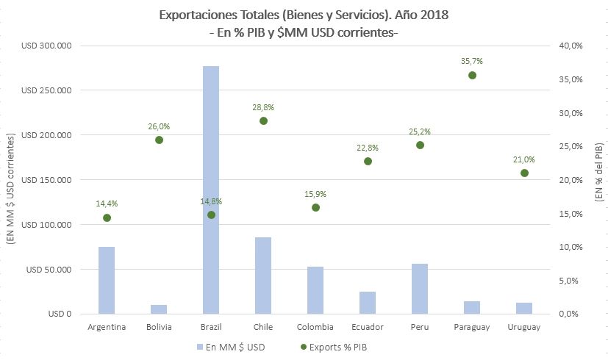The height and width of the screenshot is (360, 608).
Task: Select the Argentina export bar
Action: click(x=107, y=280)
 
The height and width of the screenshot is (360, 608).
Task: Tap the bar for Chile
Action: click(x=263, y=276)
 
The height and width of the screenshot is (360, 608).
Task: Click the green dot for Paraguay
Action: click(x=472, y=75)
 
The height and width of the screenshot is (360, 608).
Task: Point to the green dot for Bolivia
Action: click(x=159, y=140)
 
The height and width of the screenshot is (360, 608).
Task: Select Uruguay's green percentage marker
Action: click(x=524, y=173)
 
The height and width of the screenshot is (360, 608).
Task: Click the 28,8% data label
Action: click(x=263, y=107)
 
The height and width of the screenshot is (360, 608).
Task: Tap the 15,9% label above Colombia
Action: click(x=315, y=194)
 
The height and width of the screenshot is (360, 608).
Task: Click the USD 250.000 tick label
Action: click(x=46, y=90)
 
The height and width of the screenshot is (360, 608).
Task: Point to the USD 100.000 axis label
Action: click(x=46, y=224)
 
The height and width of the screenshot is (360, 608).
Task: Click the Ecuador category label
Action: click(x=368, y=327)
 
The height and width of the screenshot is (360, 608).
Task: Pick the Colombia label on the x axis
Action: click(x=315, y=327)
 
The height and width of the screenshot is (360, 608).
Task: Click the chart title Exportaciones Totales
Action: click(x=304, y=15)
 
